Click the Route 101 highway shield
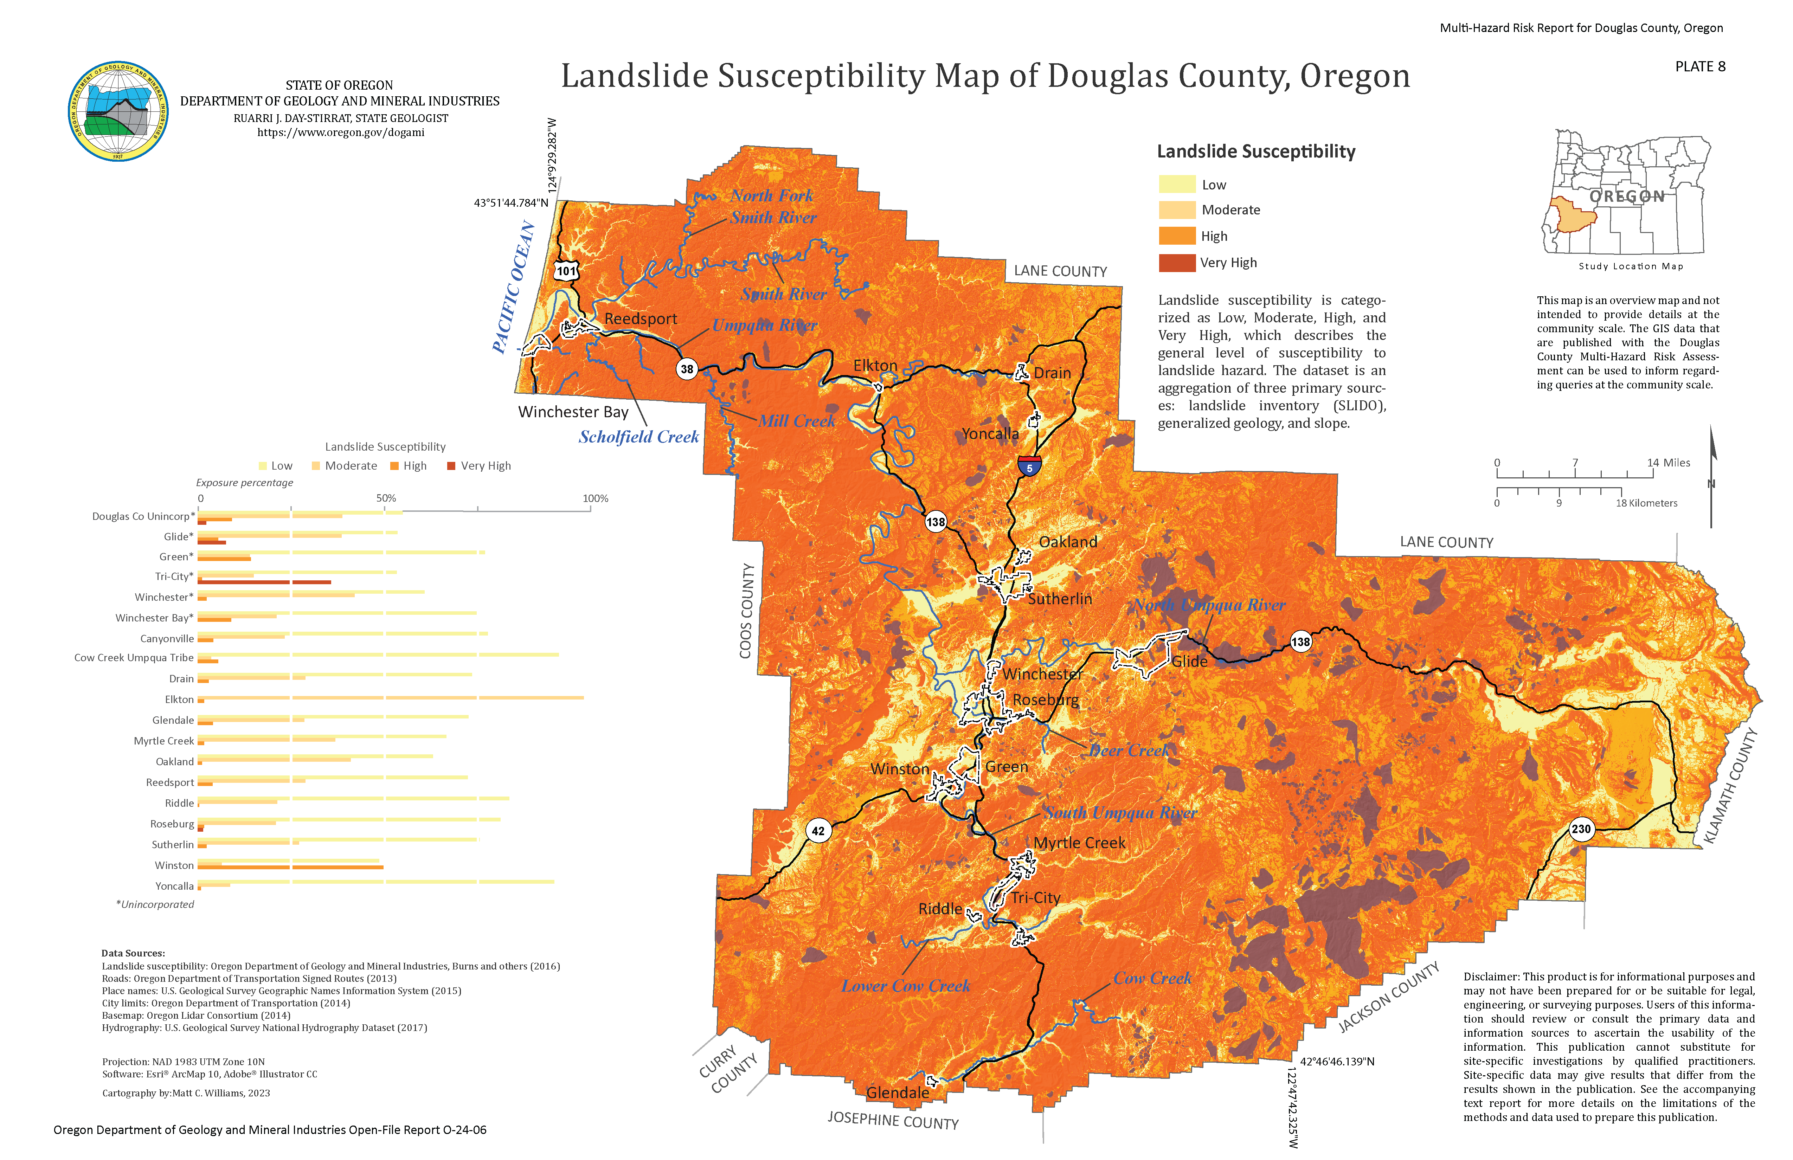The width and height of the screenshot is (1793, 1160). click(566, 271)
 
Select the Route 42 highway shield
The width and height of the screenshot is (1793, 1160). click(818, 831)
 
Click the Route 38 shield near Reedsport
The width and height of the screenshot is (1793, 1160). click(686, 369)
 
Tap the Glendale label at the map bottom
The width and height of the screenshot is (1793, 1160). click(897, 1092)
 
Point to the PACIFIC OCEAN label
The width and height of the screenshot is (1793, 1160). click(514, 288)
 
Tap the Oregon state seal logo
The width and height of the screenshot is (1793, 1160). click(118, 111)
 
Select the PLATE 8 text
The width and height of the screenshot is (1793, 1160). click(1699, 66)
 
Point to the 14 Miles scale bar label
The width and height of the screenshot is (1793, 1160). click(1668, 463)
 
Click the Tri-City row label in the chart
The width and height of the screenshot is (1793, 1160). click(174, 576)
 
